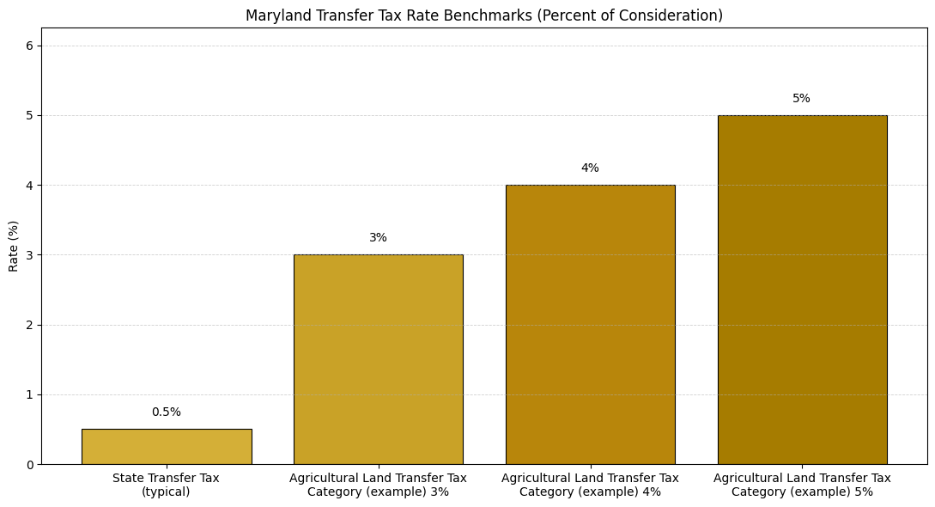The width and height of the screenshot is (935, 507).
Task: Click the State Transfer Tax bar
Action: tap(167, 447)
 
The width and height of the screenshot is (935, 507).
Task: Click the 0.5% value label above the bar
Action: tap(167, 412)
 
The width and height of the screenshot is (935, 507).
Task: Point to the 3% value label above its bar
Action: tap(378, 238)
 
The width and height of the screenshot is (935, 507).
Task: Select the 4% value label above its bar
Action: tap(590, 168)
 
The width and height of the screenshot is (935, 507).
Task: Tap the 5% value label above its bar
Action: tap(801, 99)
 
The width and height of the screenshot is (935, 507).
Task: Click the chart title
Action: tap(484, 15)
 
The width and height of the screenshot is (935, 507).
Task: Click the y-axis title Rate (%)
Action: tap(14, 246)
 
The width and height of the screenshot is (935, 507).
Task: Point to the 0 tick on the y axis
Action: tap(29, 465)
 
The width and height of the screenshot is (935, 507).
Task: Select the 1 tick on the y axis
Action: tap(29, 395)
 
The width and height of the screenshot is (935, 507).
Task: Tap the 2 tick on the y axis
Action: tap(29, 325)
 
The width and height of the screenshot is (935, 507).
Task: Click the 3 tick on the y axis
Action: tap(29, 255)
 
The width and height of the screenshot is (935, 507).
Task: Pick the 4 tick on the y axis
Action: tap(29, 186)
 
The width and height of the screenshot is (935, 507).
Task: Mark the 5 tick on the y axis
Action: tap(29, 115)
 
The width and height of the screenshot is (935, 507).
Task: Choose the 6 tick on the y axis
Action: tap(29, 46)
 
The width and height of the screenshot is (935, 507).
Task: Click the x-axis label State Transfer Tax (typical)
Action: tap(167, 485)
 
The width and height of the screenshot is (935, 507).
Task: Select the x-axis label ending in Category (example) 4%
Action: tap(590, 485)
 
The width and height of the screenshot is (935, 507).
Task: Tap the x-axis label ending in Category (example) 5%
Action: tap(802, 485)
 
